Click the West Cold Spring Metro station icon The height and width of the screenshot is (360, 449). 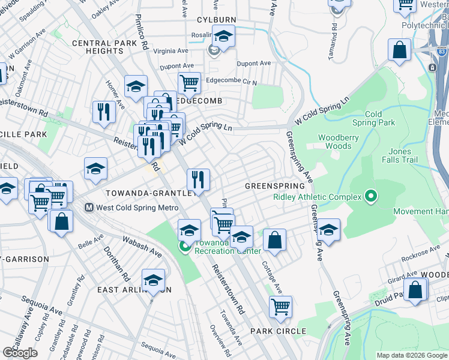89,208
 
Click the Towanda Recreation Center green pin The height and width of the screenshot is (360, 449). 186,247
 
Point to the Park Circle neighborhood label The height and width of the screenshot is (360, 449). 278,331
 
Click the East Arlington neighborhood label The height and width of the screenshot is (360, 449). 134,289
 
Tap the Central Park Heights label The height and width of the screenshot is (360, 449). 98,47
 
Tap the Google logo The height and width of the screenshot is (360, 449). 20,353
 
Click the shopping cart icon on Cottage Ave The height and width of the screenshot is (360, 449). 280,307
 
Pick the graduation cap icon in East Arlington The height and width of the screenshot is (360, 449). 153,280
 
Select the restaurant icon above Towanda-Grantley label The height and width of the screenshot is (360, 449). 197,179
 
